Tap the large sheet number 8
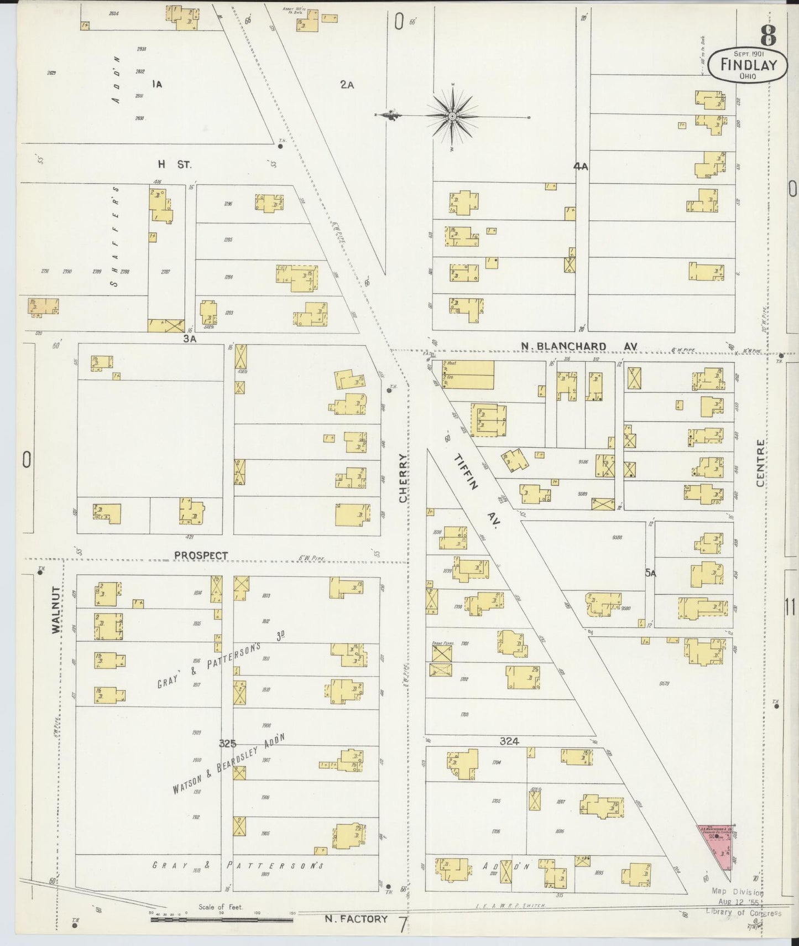(768, 37)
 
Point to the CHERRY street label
(403, 479)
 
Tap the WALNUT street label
(55, 609)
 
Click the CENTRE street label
(760, 464)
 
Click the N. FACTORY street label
(356, 919)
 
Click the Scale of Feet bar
(221, 920)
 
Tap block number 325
(228, 743)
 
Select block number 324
(509, 741)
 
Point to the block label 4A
(580, 166)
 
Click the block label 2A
(347, 85)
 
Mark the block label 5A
(650, 574)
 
